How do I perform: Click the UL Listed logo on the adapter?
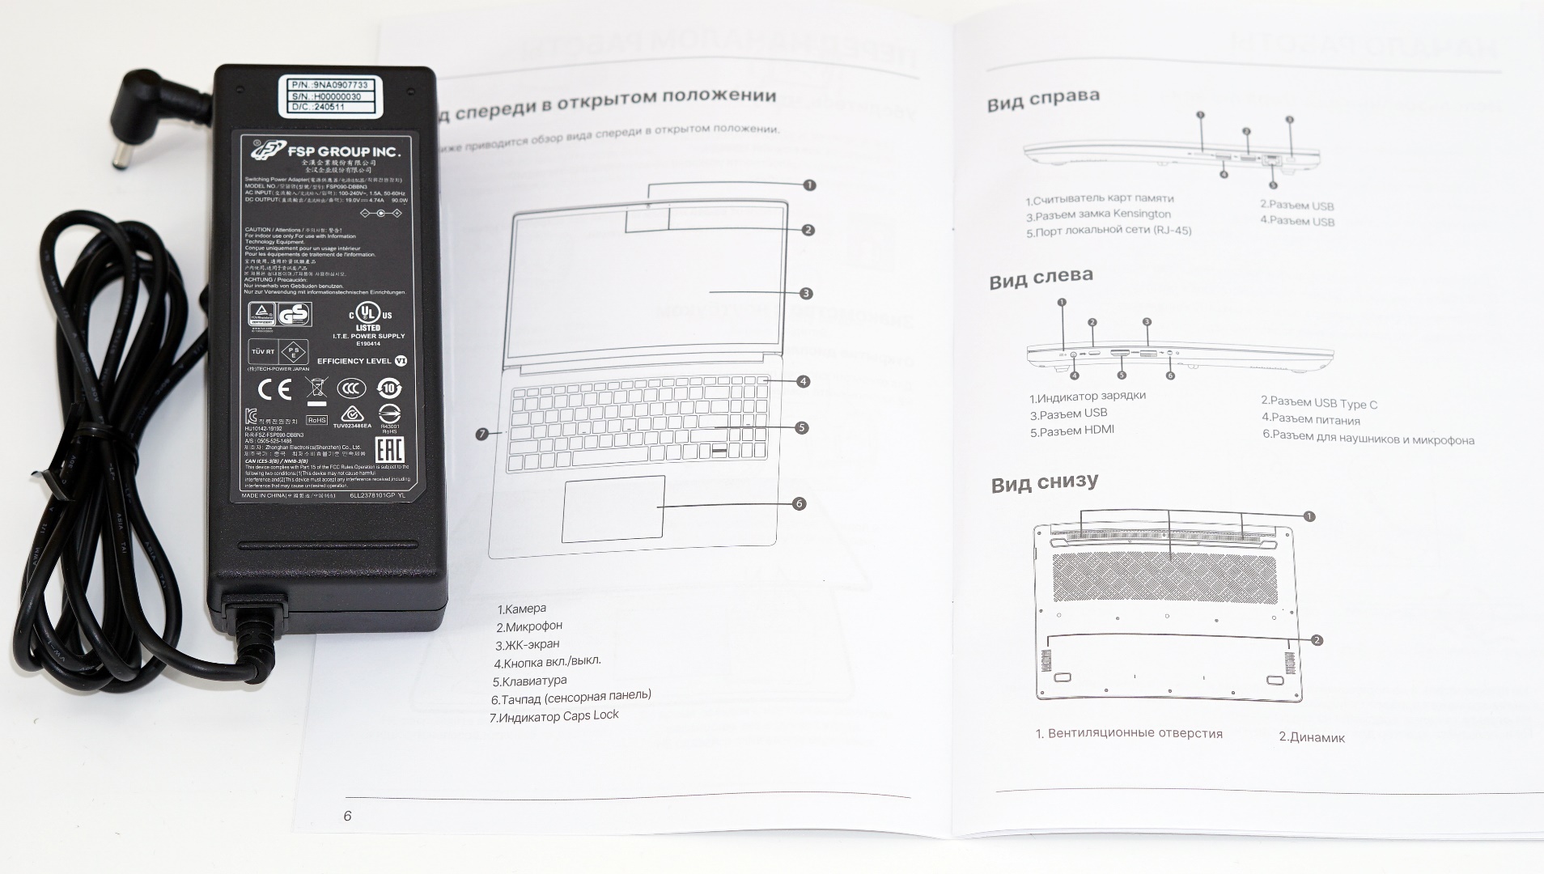(x=369, y=316)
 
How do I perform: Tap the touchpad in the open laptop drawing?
(x=613, y=509)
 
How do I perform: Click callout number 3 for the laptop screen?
(x=805, y=294)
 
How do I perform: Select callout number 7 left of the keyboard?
(x=483, y=435)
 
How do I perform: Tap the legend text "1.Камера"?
(x=521, y=609)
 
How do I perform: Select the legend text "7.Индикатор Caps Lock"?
(x=554, y=716)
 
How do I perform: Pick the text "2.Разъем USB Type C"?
(x=1318, y=402)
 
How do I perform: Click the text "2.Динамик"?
(x=1311, y=737)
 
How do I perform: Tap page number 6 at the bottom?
(x=348, y=816)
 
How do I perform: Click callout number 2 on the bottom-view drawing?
(x=1317, y=640)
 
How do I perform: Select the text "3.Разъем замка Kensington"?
(x=1098, y=215)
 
